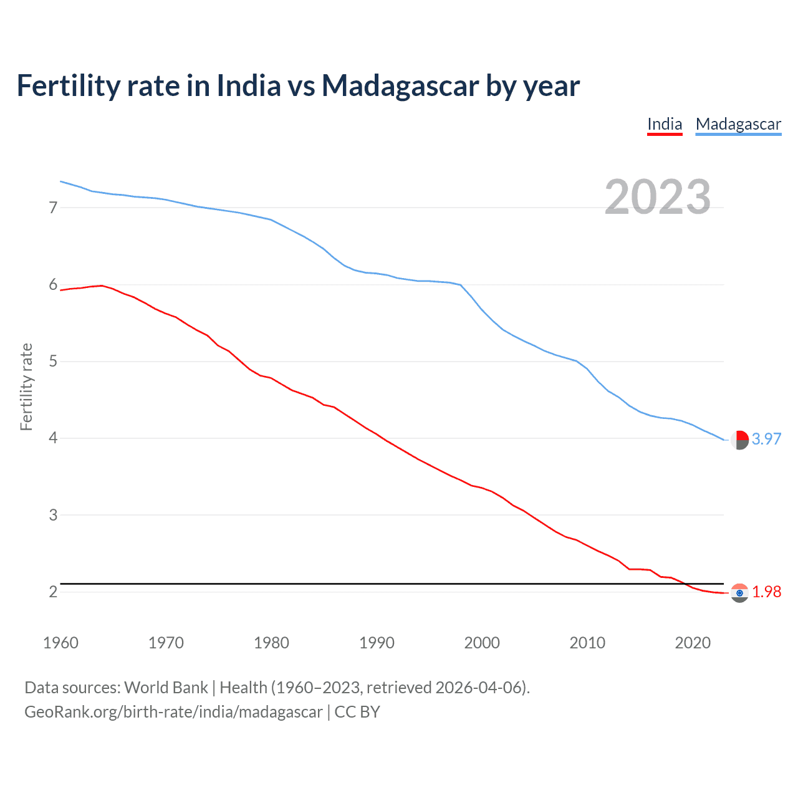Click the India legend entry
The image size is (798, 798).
[665, 124]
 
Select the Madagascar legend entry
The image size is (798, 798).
[738, 124]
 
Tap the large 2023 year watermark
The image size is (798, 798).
[657, 197]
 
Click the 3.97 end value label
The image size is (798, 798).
[766, 439]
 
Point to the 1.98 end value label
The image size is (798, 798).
[766, 592]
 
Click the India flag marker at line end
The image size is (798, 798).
[739, 593]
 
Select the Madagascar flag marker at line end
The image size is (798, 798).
[739, 440]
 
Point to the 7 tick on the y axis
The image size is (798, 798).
[53, 208]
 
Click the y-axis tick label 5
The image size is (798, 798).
[53, 362]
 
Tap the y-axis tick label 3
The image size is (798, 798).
[53, 515]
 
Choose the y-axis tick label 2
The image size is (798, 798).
[53, 592]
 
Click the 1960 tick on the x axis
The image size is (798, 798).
[60, 643]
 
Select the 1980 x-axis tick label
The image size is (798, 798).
[271, 643]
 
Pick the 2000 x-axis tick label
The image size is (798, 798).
[482, 643]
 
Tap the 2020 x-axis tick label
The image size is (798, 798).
[693, 643]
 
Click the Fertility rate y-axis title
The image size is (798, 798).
[26, 387]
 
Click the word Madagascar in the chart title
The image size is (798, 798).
[400, 85]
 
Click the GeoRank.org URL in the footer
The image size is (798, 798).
[173, 712]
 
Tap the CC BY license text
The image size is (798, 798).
[357, 712]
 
